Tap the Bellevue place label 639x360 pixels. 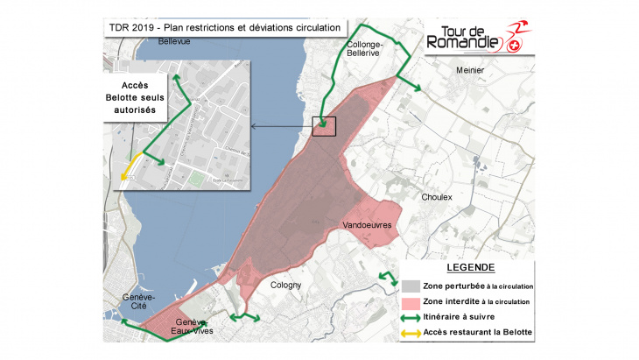(x=175, y=41)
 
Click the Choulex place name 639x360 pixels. (x=436, y=198)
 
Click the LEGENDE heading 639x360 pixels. (x=470, y=267)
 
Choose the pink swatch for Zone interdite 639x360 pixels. (x=411, y=301)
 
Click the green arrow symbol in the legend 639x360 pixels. (x=411, y=317)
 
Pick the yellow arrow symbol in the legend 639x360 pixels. (x=411, y=333)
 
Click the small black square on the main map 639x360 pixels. (x=324, y=126)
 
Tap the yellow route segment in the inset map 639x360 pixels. (x=131, y=166)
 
